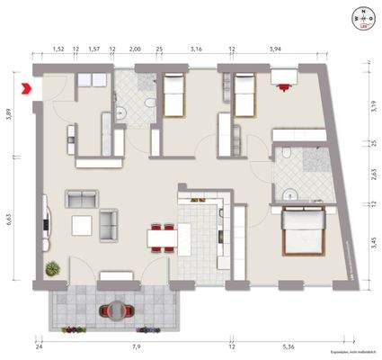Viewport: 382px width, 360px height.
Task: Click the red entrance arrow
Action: click(26, 88)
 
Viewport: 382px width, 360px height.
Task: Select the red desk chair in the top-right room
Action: click(286, 87)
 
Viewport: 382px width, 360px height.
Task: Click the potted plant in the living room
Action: click(53, 267)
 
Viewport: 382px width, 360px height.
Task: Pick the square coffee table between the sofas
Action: click(82, 224)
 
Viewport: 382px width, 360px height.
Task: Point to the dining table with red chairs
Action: click(163, 237)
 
